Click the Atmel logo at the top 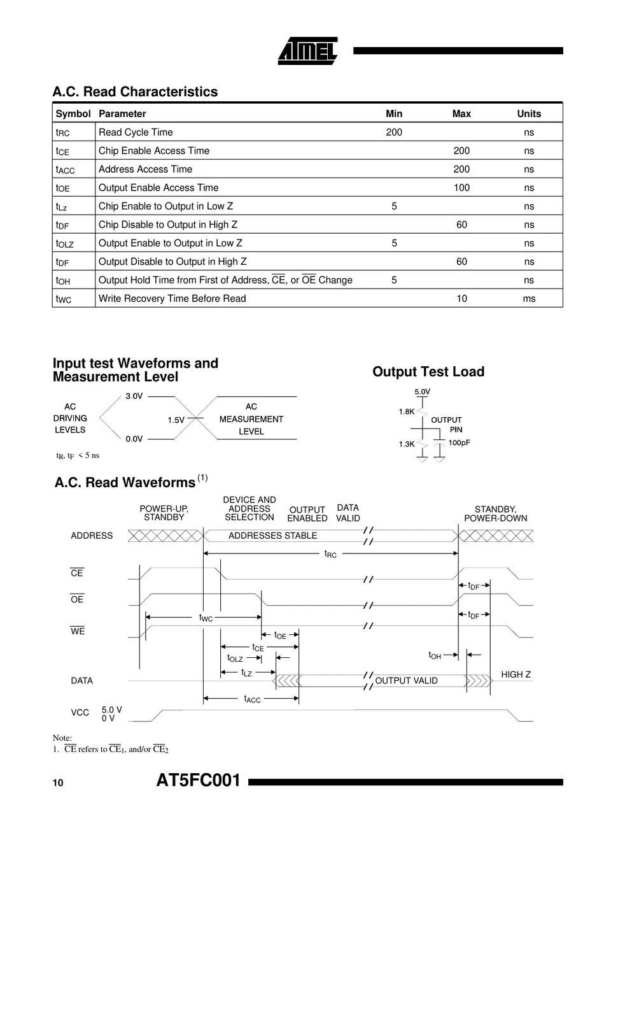pyautogui.click(x=307, y=51)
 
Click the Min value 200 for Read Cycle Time pyautogui.click(x=394, y=132)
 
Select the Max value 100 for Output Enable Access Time pyautogui.click(x=461, y=188)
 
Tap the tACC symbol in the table pyautogui.click(x=65, y=169)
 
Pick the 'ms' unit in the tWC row pyautogui.click(x=529, y=299)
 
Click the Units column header pyautogui.click(x=529, y=114)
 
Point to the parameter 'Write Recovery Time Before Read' pyautogui.click(x=172, y=299)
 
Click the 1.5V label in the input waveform pyautogui.click(x=176, y=420)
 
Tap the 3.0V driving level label pyautogui.click(x=134, y=396)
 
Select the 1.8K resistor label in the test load pyautogui.click(x=407, y=411)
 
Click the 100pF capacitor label pyautogui.click(x=459, y=443)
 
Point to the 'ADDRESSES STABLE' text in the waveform pyautogui.click(x=272, y=536)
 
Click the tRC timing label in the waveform pyautogui.click(x=330, y=554)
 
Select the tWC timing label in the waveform pyautogui.click(x=206, y=618)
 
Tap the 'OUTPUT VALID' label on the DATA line pyautogui.click(x=406, y=681)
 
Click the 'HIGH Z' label pyautogui.click(x=516, y=674)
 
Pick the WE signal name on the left pyautogui.click(x=78, y=631)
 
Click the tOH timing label pyautogui.click(x=435, y=655)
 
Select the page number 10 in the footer pyautogui.click(x=58, y=783)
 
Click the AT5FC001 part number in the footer pyautogui.click(x=199, y=781)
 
